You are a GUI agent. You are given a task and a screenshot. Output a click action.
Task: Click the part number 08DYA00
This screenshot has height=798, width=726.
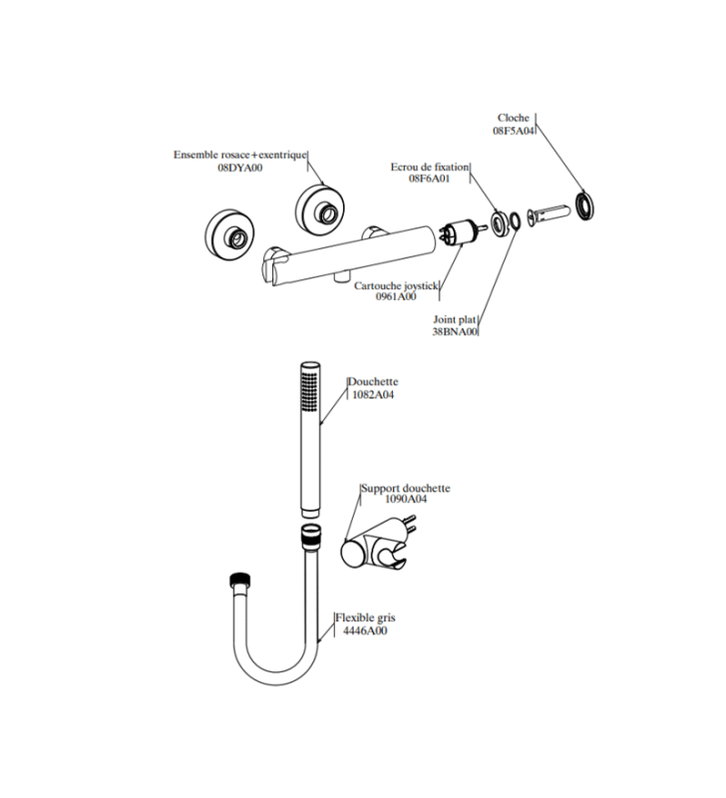coord(240,168)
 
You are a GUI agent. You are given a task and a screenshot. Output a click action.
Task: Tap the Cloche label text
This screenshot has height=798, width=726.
coord(514,118)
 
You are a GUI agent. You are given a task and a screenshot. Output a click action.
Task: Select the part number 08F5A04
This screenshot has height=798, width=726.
coord(514,131)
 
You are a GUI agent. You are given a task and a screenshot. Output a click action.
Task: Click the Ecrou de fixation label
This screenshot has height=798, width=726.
coord(430,167)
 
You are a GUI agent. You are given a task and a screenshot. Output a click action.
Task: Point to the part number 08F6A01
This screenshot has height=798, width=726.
coord(430,179)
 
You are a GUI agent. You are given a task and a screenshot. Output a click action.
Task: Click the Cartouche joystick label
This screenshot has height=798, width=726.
coord(396,286)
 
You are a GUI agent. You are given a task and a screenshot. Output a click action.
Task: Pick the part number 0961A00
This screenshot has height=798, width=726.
coord(396,296)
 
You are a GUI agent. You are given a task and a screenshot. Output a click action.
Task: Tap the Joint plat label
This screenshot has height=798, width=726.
coord(455,320)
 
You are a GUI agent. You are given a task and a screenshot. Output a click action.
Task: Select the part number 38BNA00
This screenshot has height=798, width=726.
coord(455,332)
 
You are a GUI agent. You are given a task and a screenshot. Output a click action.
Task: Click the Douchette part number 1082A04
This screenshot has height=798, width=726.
coord(373,394)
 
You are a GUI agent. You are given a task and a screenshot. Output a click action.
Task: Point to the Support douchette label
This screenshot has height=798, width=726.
coord(406,488)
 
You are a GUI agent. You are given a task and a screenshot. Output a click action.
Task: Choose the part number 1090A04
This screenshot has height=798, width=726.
coord(406,500)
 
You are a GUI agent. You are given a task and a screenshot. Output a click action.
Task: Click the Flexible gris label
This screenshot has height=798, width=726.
coord(365,617)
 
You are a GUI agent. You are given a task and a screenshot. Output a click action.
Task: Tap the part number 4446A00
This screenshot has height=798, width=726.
coord(365,631)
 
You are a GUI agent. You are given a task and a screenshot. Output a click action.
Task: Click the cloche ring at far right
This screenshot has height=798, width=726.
coord(586,205)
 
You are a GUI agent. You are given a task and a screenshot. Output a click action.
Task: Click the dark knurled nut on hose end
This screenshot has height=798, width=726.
coord(241,580)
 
